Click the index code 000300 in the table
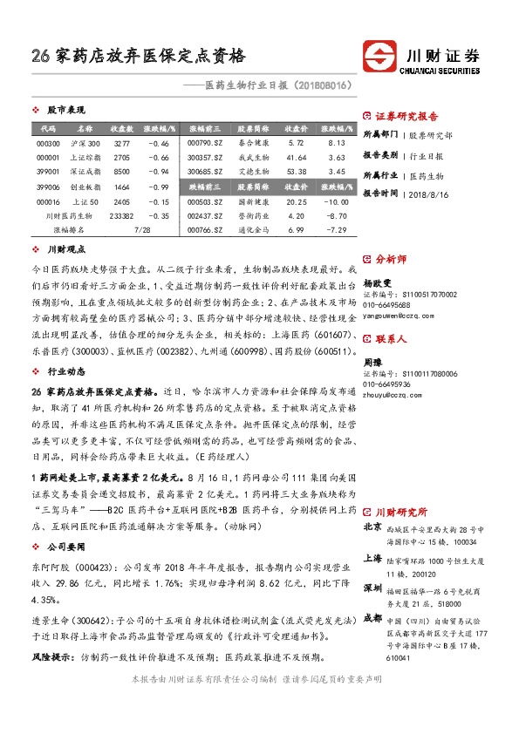tap(48, 143)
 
